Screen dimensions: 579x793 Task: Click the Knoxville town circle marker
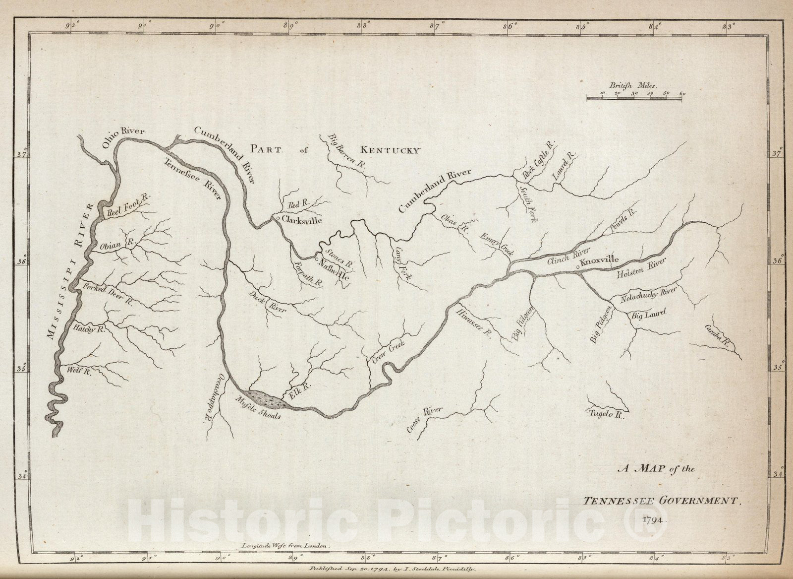(x=578, y=268)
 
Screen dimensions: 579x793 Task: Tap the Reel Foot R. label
(x=128, y=205)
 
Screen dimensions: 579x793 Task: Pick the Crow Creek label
(x=389, y=352)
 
